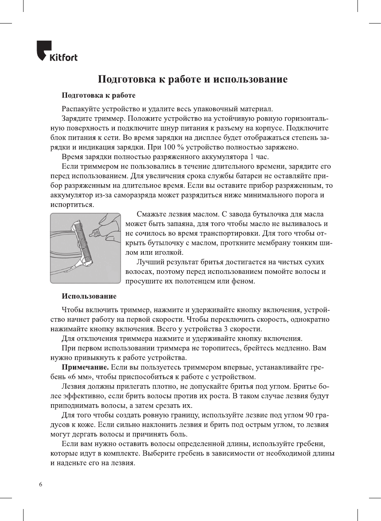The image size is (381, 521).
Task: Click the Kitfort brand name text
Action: tap(63, 57)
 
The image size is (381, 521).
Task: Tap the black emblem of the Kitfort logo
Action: tap(43, 50)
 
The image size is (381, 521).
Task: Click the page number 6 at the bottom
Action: tap(40, 484)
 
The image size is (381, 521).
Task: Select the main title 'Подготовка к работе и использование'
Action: tap(192, 79)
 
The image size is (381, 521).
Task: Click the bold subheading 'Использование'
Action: tap(89, 296)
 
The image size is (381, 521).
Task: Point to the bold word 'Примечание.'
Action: tap(85, 367)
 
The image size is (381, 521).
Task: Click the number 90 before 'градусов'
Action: tap(309, 415)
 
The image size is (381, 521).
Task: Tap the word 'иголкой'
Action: tap(169, 252)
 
